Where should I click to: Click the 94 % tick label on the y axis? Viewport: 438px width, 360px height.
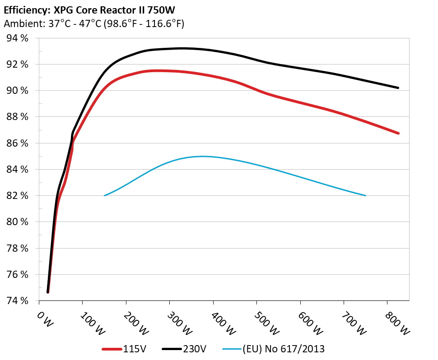(18, 38)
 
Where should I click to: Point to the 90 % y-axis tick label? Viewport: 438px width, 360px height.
(18, 91)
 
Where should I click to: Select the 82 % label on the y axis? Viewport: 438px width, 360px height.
(18, 196)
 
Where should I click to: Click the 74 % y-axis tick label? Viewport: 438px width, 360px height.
(18, 300)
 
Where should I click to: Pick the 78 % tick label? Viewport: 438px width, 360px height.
(18, 248)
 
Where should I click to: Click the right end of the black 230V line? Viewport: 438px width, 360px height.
(398, 88)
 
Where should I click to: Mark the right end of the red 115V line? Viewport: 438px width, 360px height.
(398, 133)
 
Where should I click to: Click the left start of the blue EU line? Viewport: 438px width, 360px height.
(105, 195)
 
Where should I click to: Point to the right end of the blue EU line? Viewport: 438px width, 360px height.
(365, 195)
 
